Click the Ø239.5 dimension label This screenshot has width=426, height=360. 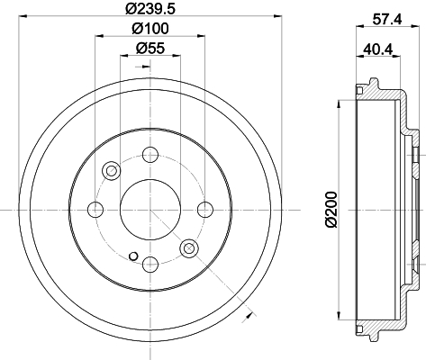point(150,8)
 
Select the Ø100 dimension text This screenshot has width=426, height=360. point(150,29)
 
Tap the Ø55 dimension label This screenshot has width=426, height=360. point(150,48)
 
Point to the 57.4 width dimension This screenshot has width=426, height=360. point(387,20)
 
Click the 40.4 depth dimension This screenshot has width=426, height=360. point(378,49)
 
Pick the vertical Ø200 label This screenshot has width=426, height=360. point(332,210)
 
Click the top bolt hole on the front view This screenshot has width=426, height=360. point(150,155)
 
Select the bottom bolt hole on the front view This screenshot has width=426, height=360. point(150,265)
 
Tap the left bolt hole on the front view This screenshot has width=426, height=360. point(95,210)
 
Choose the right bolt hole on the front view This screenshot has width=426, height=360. point(205,210)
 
